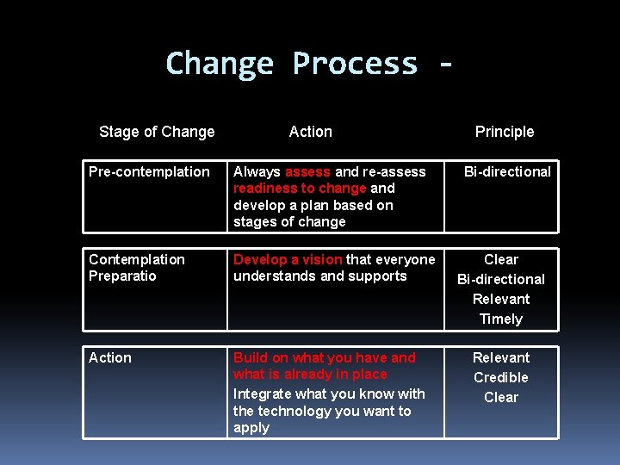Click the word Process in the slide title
pos(354,65)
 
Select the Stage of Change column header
pos(157,132)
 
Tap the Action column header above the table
pos(310,132)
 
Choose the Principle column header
pos(505,132)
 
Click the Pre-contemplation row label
pos(149,171)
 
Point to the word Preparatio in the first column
pos(122,276)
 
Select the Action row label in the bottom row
pos(110,357)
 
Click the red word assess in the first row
pos(307,171)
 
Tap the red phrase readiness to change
pos(300,188)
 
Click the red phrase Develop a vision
pos(288,259)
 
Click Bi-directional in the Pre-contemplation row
pos(507,171)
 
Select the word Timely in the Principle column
pos(501,319)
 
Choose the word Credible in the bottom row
pos(501,377)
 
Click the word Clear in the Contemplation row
pos(501,259)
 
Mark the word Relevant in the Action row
pos(501,357)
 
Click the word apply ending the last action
pos(251,428)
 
